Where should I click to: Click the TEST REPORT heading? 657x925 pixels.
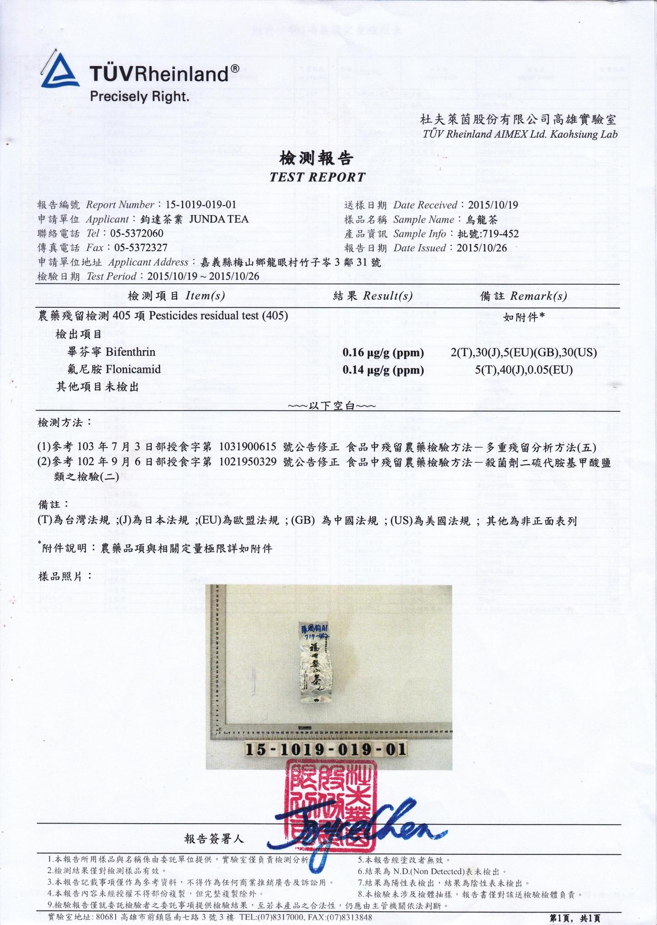point(317,177)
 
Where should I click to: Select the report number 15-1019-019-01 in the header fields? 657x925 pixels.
point(201,205)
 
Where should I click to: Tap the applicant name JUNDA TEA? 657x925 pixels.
point(219,219)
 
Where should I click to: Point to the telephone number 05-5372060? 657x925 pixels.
point(137,233)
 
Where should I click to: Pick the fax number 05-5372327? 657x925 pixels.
point(141,248)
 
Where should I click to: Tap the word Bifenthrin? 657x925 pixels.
point(130,352)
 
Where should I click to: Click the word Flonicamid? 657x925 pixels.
point(133,369)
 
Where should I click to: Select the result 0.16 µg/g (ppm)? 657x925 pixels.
point(383,352)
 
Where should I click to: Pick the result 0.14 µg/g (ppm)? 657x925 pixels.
point(383,370)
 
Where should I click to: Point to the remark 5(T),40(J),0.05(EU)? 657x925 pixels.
point(523,370)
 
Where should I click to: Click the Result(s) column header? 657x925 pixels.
point(387,296)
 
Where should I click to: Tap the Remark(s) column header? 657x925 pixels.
point(538,296)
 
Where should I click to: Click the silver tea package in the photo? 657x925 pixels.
point(317,663)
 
